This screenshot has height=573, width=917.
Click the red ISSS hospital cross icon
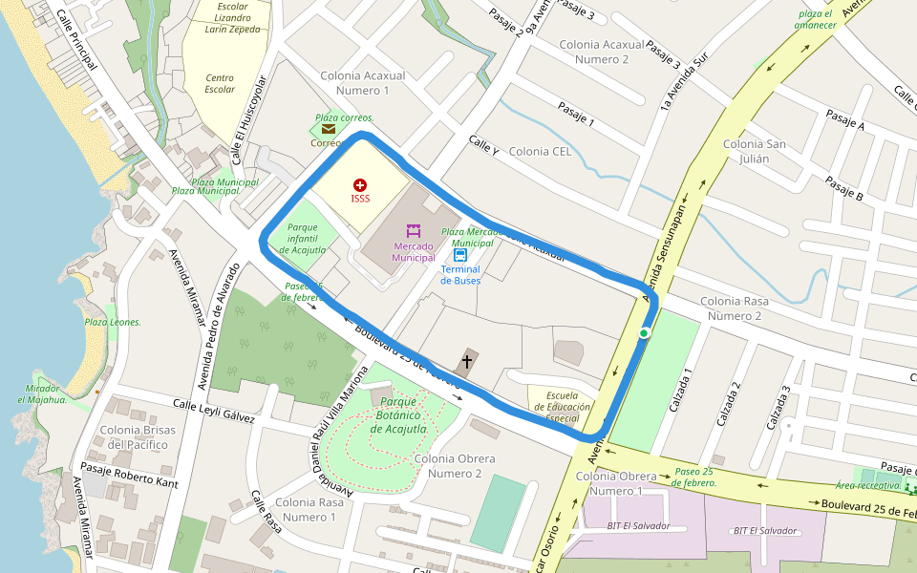[360, 183]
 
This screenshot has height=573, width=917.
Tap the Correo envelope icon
[329, 129]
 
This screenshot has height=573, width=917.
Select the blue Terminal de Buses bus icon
[460, 255]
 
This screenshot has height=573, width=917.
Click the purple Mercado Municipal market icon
[414, 231]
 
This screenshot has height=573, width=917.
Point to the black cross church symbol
[467, 361]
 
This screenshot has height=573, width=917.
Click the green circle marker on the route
[645, 332]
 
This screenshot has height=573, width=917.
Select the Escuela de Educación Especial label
[562, 406]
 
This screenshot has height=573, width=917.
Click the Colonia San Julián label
[755, 151]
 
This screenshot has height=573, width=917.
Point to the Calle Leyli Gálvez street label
[214, 412]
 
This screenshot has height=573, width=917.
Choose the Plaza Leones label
[113, 322]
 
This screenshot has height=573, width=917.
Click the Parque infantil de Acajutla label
[303, 238]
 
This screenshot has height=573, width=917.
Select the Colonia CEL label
[541, 151]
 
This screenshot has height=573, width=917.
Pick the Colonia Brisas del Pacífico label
[138, 436]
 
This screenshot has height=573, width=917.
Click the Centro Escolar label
[220, 84]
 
